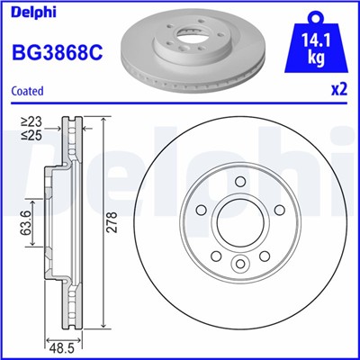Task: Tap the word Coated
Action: pyautogui.click(x=26, y=90)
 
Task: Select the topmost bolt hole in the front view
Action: pyautogui.click(x=240, y=184)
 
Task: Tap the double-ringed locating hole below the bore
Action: pyautogui.click(x=240, y=264)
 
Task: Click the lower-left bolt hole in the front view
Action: pyautogui.click(x=217, y=256)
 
